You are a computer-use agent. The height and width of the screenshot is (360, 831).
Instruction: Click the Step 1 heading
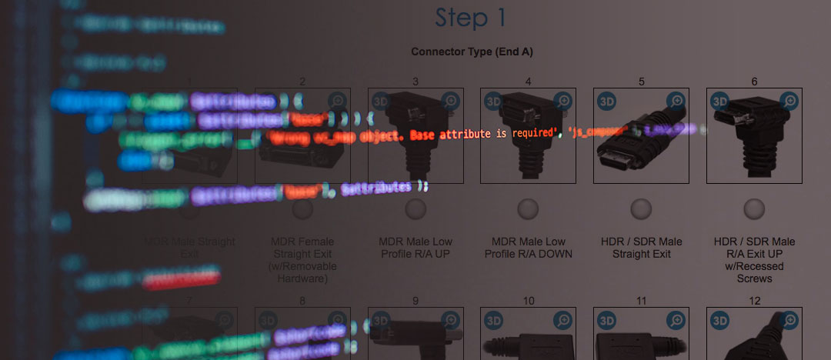[471, 18]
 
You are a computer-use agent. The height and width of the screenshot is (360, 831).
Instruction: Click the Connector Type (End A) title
[472, 52]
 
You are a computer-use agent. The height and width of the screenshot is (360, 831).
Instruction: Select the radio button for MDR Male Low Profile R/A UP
[415, 208]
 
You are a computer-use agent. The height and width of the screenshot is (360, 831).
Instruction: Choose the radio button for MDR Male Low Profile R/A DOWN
[528, 208]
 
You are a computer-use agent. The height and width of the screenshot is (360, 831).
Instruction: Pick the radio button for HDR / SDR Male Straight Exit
[641, 208]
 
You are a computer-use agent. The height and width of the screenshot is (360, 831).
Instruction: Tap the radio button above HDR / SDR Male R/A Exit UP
[754, 208]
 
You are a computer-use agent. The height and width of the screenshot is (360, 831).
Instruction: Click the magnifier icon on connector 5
[676, 101]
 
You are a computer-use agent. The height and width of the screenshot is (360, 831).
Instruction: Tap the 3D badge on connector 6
[720, 101]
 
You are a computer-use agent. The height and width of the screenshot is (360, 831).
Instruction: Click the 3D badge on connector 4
[494, 101]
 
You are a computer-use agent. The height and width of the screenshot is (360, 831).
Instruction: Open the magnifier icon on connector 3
[450, 101]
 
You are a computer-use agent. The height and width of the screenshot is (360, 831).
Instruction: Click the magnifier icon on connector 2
[337, 101]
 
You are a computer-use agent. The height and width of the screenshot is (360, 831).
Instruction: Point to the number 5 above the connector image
[641, 82]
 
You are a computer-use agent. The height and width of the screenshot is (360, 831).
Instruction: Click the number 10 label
[528, 301]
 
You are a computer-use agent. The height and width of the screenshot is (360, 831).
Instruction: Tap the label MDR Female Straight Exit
[302, 248]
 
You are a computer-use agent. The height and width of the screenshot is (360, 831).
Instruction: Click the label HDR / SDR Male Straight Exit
[641, 248]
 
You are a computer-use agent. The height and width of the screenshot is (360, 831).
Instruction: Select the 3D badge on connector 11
[607, 320]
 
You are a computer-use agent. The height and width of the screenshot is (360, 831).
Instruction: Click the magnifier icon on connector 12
[789, 320]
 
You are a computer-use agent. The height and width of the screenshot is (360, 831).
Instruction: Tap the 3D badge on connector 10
[494, 320]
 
